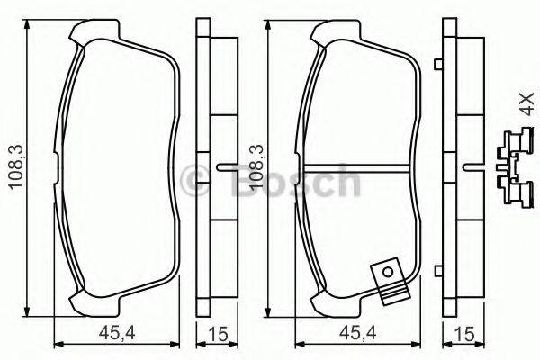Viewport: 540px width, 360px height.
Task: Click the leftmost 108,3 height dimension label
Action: pos(13,167)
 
